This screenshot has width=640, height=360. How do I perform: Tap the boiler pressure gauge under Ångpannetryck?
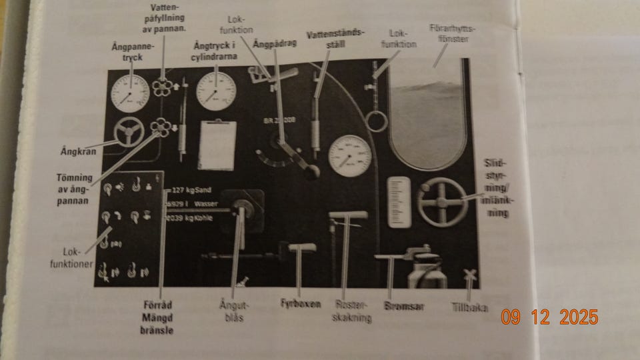coord(130,93)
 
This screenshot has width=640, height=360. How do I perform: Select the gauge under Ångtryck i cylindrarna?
coord(216,91)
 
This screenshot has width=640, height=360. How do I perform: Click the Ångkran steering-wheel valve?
coord(128,132)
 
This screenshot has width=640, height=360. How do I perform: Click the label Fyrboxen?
coord(301,304)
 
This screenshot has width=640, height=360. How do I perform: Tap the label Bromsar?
coord(404,307)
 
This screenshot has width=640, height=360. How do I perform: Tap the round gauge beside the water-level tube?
coord(349,156)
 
